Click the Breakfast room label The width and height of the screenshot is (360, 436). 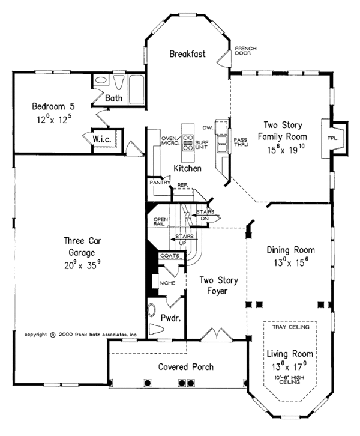tap(187, 53)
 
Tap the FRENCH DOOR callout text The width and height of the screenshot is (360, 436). tap(245, 50)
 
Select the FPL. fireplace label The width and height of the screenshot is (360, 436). tap(334, 138)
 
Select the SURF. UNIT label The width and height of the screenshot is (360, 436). tap(202, 144)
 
